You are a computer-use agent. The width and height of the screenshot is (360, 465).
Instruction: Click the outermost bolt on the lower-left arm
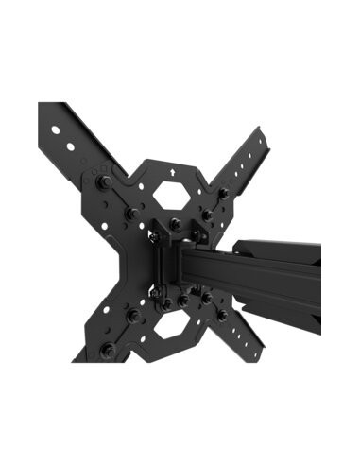pyautogui.click(x=107, y=351)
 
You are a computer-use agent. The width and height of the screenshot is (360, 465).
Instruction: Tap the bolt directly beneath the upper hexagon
pyautogui.click(x=176, y=224)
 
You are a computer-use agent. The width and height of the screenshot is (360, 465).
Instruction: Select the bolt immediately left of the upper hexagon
pyautogui.click(x=131, y=215)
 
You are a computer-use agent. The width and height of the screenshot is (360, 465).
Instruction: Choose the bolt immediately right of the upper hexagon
pyautogui.click(x=207, y=215)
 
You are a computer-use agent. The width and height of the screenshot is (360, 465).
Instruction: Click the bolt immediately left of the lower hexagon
pyautogui.click(x=133, y=314)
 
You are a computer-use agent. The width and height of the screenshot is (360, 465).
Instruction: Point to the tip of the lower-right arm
pyautogui.click(x=257, y=354)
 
